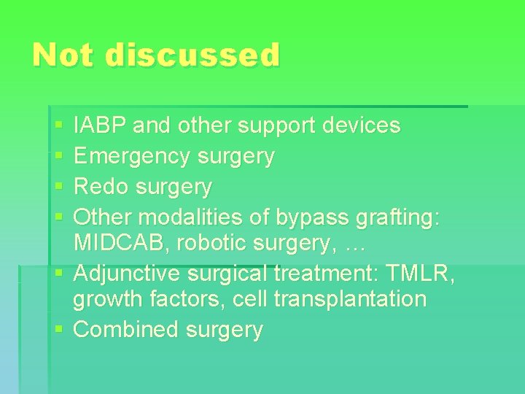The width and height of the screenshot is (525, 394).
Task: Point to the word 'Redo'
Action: coord(101,187)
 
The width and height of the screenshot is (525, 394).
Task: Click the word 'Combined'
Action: coord(127,330)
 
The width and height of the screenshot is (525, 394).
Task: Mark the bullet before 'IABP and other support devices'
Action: coord(59,126)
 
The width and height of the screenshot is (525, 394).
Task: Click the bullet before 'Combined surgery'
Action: coord(59,331)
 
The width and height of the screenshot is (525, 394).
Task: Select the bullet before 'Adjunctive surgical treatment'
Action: coord(59,274)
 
